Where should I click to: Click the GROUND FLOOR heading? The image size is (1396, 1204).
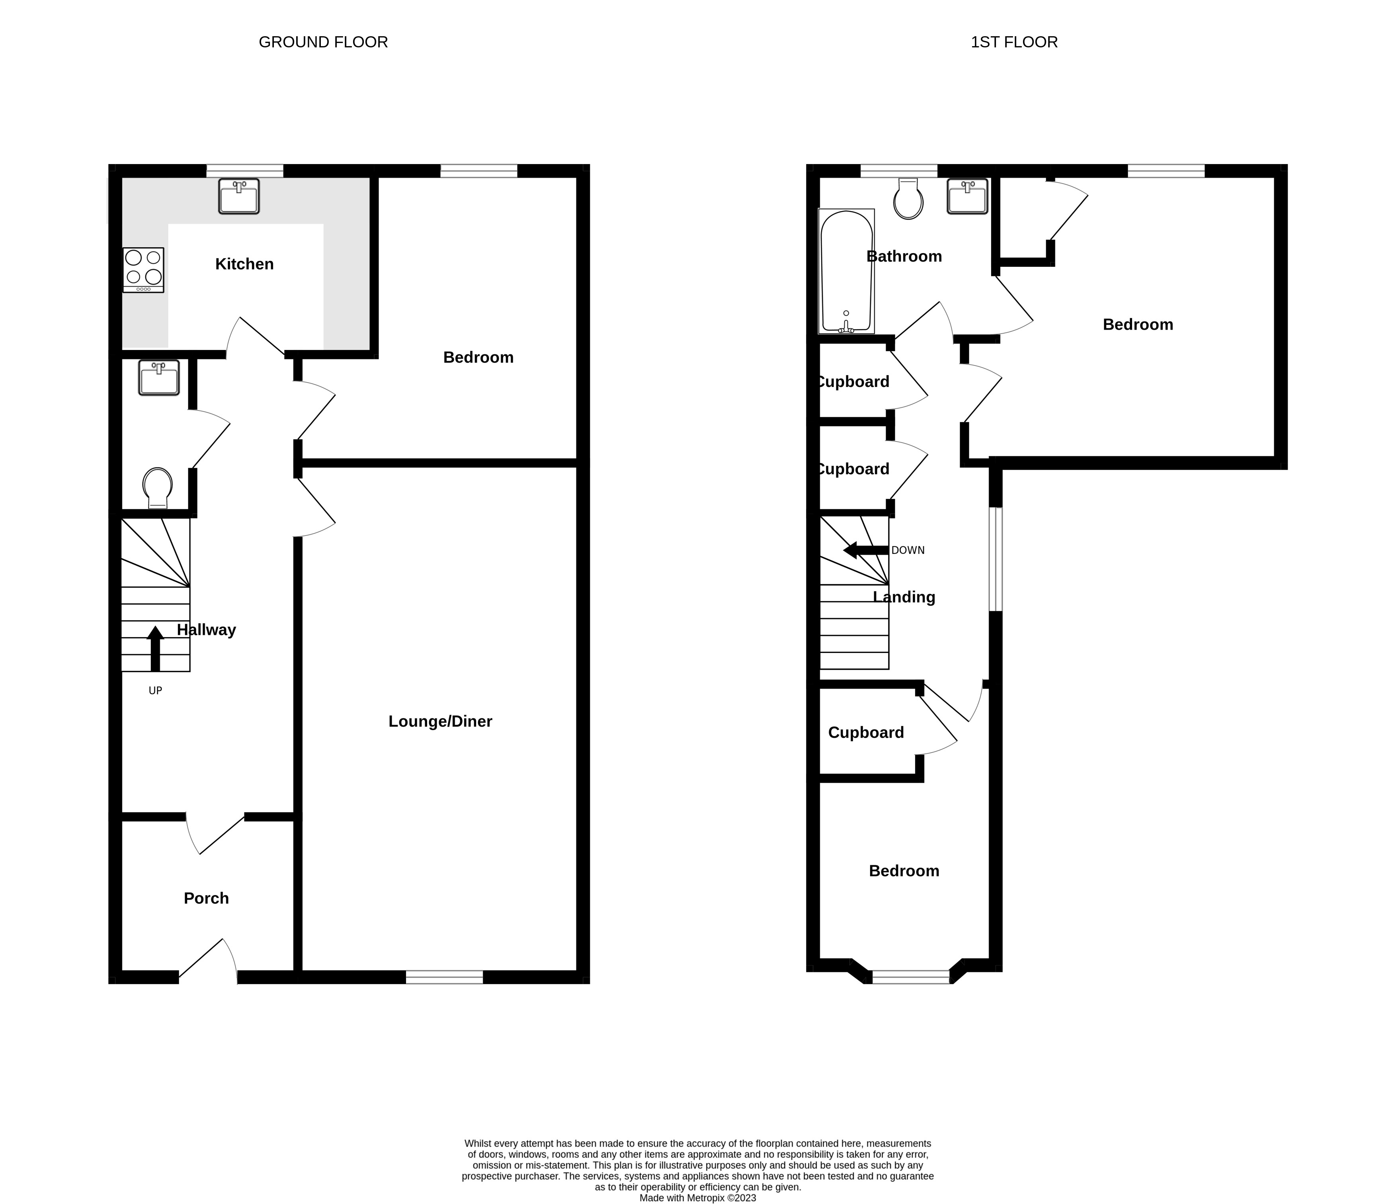click(x=323, y=43)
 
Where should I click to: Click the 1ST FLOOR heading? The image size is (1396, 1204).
click(x=1014, y=43)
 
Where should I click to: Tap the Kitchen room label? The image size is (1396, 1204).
click(x=244, y=264)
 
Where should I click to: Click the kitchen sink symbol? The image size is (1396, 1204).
click(x=238, y=196)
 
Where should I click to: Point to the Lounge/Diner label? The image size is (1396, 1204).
click(x=441, y=721)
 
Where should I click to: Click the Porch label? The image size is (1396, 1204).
click(x=206, y=898)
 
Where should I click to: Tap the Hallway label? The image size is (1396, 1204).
click(x=206, y=630)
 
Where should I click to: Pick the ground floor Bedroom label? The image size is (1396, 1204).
click(x=478, y=358)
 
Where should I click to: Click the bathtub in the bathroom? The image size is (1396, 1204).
click(x=846, y=272)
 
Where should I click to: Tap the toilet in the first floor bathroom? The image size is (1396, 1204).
click(x=908, y=198)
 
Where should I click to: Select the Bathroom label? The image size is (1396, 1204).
click(x=904, y=257)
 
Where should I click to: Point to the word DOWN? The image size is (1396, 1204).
click(x=908, y=551)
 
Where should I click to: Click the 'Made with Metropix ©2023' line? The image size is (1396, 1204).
click(x=698, y=1198)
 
